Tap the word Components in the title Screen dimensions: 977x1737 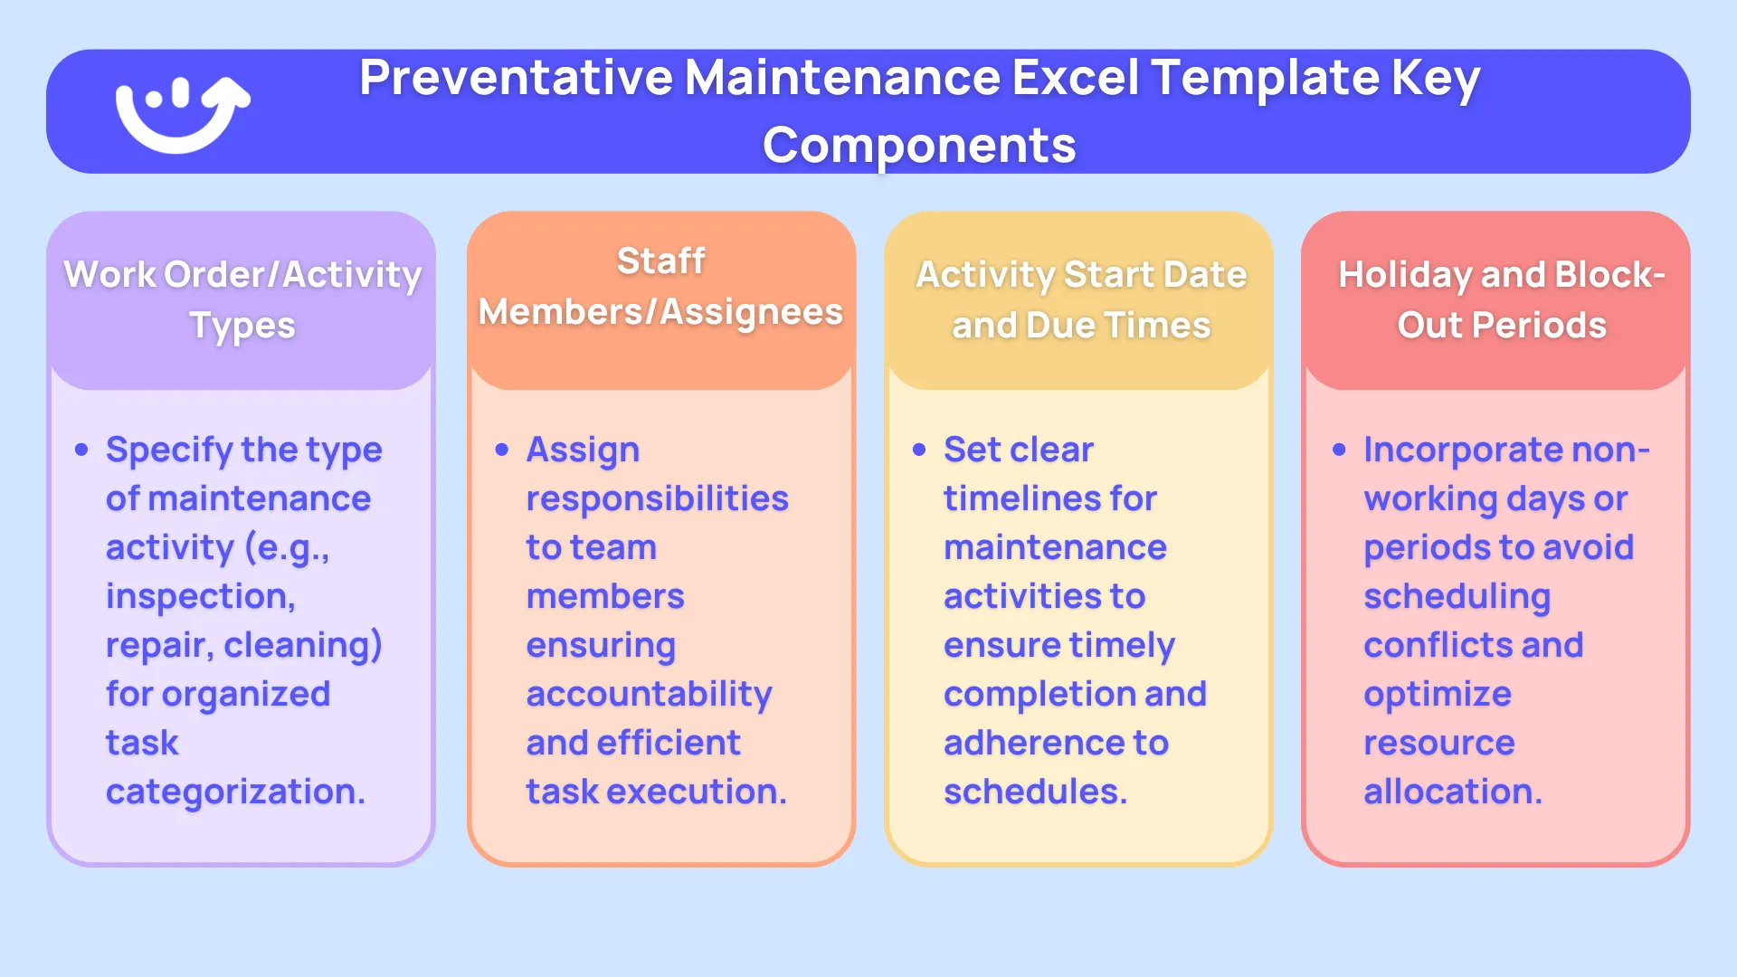(919, 146)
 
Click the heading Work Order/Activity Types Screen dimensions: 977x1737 (242, 299)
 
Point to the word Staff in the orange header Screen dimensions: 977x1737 (660, 261)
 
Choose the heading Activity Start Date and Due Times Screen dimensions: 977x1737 (1081, 299)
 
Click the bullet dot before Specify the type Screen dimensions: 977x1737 (82, 450)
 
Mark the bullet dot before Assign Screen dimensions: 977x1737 (502, 450)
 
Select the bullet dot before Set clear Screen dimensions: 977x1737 (919, 450)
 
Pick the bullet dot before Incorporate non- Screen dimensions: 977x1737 (1340, 450)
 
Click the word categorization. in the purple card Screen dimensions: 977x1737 (235, 792)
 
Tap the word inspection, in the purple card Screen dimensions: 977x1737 (200, 597)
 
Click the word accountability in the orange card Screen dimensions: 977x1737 (649, 695)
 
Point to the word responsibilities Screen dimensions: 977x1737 (657, 499)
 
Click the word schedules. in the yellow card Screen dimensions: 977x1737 (1035, 792)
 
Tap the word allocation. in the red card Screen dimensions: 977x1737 (1452, 792)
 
